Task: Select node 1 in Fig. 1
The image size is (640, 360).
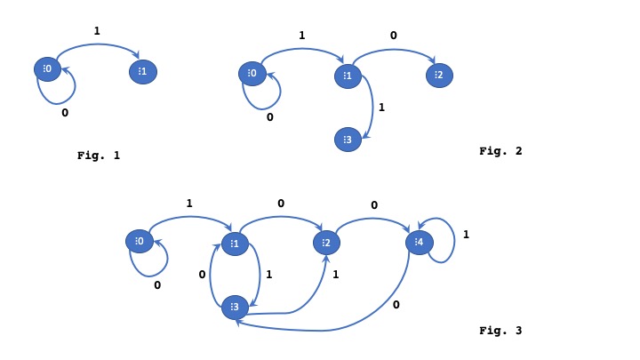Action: click(x=142, y=72)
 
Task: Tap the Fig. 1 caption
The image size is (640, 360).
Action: click(x=98, y=156)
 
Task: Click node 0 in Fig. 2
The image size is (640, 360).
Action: click(x=252, y=73)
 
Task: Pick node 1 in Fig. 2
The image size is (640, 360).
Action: click(x=347, y=76)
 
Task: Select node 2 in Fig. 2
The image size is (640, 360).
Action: click(x=438, y=76)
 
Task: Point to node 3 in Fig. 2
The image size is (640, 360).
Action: click(x=348, y=139)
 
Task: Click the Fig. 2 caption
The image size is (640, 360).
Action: click(x=500, y=151)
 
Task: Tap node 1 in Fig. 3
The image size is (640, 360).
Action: click(x=235, y=244)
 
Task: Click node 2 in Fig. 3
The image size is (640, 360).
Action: click(x=326, y=243)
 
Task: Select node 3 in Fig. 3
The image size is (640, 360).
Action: click(x=235, y=307)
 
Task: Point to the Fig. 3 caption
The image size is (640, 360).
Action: click(x=500, y=331)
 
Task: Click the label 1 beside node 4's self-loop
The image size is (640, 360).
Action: click(x=466, y=236)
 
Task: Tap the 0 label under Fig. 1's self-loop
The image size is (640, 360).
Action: click(x=64, y=114)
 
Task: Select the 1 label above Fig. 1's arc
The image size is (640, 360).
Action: click(x=97, y=31)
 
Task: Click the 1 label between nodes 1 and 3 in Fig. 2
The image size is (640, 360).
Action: click(x=382, y=108)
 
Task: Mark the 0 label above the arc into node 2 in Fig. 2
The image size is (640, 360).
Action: click(x=394, y=36)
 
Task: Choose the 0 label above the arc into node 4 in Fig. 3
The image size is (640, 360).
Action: click(x=373, y=205)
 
